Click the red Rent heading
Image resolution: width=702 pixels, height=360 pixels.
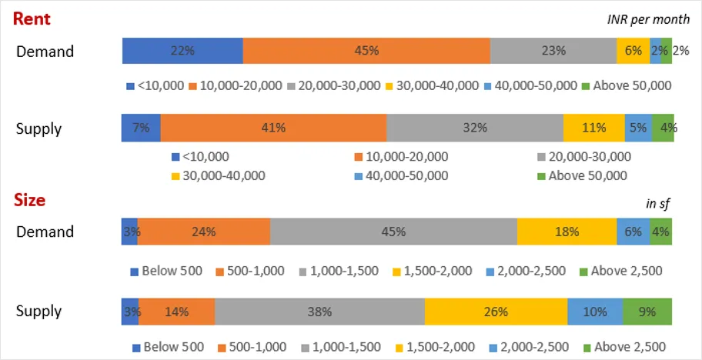(31, 18)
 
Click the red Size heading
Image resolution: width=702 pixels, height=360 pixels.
(30, 200)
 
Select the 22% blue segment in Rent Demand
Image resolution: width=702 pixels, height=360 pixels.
(182, 51)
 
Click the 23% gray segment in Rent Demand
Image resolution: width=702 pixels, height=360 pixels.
(553, 51)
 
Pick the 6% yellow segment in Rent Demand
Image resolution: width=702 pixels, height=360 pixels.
(633, 51)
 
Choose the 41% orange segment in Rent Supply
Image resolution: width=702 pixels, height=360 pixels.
(273, 128)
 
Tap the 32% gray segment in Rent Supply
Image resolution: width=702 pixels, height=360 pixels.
(474, 128)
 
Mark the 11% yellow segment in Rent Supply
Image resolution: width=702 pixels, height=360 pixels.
(593, 128)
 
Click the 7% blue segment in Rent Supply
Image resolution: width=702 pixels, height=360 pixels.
(141, 128)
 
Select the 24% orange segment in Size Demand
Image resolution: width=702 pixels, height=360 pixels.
(203, 232)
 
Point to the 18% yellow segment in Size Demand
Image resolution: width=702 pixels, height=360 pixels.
(566, 232)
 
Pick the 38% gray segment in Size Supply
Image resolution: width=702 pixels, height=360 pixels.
(319, 312)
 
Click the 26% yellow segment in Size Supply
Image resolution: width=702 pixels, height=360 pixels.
(496, 312)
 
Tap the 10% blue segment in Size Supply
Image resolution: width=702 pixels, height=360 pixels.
(594, 312)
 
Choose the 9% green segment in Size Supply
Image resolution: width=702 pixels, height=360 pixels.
(647, 312)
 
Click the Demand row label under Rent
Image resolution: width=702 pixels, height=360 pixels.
(45, 52)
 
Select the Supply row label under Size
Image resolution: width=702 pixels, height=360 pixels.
(39, 312)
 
